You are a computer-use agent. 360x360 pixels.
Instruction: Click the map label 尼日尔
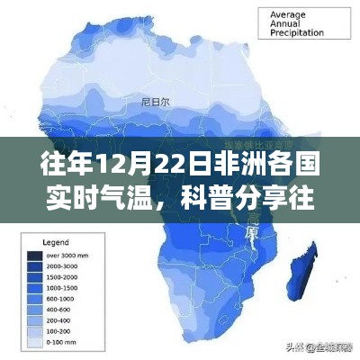148,101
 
